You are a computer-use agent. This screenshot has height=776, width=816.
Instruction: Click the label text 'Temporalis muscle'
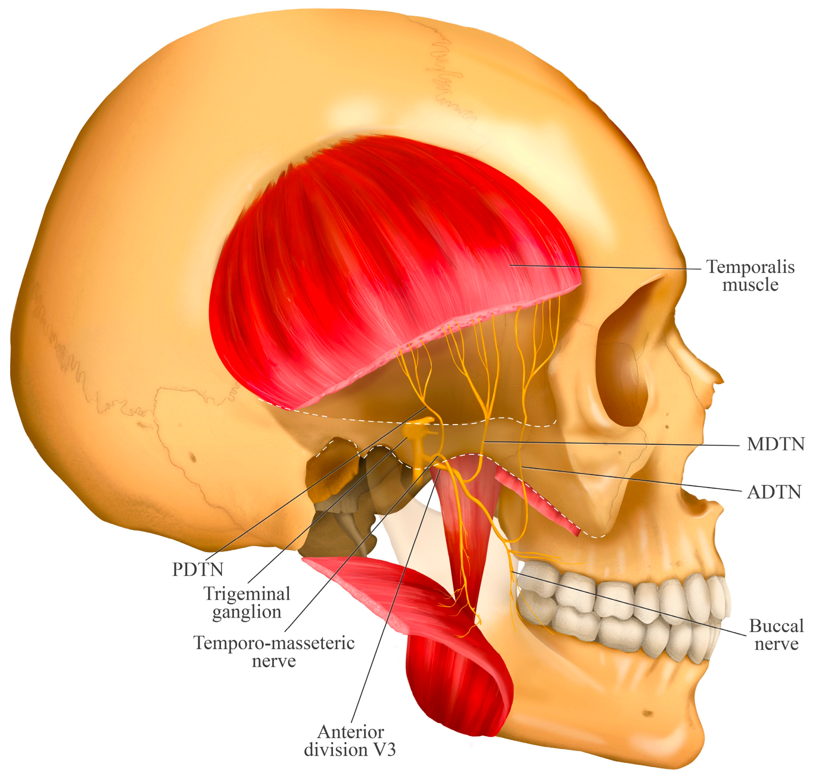pos(750,275)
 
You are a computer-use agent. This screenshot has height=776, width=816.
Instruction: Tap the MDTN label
pos(775,444)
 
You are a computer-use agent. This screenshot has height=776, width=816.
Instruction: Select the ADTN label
pos(774,492)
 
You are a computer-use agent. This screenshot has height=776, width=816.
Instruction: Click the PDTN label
pos(198,570)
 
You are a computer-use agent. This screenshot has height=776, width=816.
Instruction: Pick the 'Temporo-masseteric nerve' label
pos(274,652)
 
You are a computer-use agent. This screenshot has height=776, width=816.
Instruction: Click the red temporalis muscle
pos(372,256)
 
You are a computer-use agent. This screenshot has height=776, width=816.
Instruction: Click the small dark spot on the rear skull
pos(192,457)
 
